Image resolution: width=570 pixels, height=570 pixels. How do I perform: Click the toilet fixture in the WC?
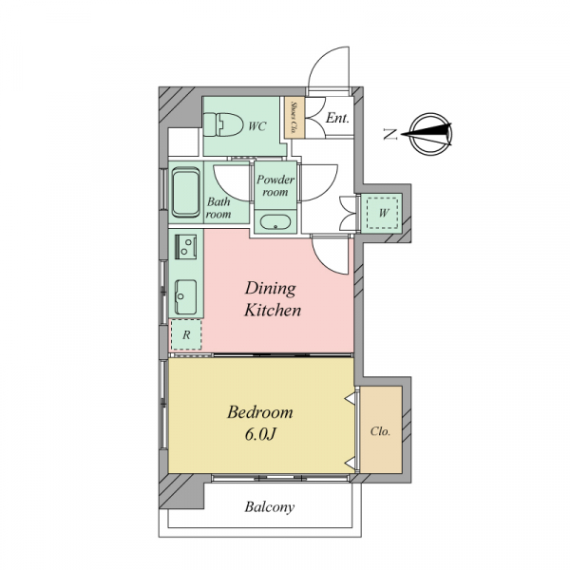pos(223,124)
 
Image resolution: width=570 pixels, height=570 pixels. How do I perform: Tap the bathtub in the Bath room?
pos(186,192)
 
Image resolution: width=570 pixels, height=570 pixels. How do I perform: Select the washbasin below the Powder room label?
pos(275,222)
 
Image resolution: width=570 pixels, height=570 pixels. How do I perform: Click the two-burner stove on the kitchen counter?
pos(186,247)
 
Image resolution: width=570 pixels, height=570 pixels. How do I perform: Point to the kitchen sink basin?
pos(186,297)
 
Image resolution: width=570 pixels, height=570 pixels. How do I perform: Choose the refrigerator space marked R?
pos(186,334)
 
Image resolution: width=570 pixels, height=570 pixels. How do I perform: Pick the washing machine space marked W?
pos(383,213)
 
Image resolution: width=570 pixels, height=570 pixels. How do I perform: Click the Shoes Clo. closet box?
pos(294,117)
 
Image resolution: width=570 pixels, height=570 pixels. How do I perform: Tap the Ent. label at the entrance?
pos(337,118)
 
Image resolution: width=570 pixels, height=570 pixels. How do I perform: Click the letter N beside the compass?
pos(390,134)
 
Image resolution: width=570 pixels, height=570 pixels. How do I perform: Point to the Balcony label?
pos(270,507)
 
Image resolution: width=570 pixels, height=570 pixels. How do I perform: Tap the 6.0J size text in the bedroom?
pos(260,434)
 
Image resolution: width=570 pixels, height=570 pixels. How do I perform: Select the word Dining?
pos(270,289)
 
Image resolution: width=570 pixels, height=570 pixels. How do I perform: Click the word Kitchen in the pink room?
pos(273,310)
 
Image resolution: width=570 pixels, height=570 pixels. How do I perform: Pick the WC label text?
pos(257,126)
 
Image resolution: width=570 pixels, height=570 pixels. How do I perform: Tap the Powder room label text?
pos(275,186)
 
